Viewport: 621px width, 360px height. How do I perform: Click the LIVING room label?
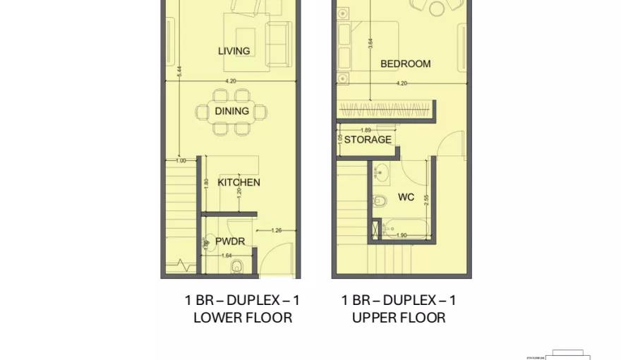(x=234, y=51)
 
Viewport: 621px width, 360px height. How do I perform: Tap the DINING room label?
(x=232, y=111)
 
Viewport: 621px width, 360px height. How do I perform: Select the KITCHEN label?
(x=239, y=182)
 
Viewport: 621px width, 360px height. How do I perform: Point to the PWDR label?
(x=230, y=241)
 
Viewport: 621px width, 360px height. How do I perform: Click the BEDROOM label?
(x=405, y=64)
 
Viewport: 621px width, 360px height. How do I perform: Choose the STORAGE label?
(x=368, y=140)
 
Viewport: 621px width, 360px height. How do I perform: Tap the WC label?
(x=406, y=198)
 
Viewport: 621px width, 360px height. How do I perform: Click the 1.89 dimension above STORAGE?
(x=366, y=130)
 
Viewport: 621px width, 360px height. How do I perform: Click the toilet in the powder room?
(x=239, y=265)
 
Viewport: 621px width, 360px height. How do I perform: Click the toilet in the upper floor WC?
(x=380, y=200)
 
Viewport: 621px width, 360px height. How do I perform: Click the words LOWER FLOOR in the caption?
(x=243, y=318)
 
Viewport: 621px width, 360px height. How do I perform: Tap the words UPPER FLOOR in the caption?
(x=399, y=318)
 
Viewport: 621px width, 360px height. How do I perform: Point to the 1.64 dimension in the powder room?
(x=227, y=256)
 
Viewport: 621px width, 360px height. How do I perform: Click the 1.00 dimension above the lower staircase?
(x=181, y=161)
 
